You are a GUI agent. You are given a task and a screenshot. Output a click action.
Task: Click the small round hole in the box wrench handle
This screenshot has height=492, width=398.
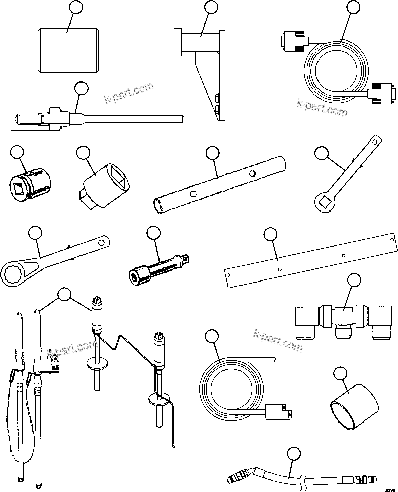pos(102,243)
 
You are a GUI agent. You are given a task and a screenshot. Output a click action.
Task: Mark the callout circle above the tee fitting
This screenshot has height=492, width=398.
pos(354,280)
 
